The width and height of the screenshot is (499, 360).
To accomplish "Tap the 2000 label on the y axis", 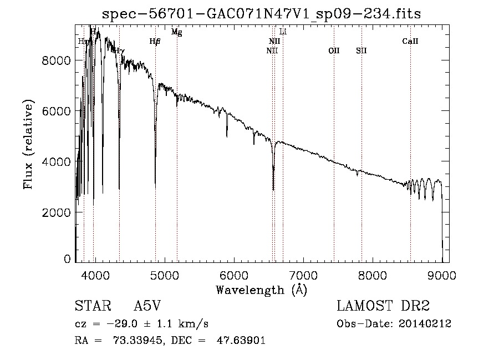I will click(x=56, y=213).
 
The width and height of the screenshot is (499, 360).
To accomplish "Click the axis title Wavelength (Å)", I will click(x=261, y=290).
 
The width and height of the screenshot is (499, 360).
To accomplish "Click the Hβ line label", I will click(x=155, y=41).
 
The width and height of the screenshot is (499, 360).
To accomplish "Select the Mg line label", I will click(x=176, y=32).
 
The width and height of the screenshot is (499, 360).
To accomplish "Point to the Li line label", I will click(x=283, y=32).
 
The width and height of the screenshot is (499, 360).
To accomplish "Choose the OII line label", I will click(x=334, y=50).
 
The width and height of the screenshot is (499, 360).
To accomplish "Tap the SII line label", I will click(x=361, y=50).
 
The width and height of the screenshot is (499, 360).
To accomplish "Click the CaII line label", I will click(x=410, y=41).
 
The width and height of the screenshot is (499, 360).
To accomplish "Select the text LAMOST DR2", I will click(x=383, y=306).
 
